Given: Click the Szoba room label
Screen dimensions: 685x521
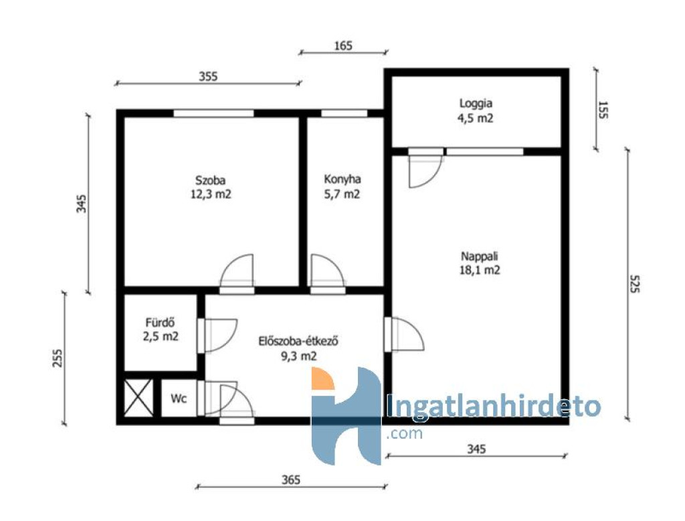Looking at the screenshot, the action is tap(210, 180).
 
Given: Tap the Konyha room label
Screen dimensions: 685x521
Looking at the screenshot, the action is tap(342, 179).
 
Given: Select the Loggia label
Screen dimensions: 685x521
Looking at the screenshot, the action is tap(476, 104).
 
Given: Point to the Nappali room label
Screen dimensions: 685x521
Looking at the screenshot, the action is tap(479, 256).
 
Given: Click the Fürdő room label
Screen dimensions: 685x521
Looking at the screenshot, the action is tap(161, 323).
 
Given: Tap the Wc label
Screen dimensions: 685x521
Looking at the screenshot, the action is tap(179, 398).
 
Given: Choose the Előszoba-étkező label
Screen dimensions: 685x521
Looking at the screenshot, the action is tap(298, 342).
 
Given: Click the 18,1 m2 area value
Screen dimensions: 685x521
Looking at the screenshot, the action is tap(480, 271).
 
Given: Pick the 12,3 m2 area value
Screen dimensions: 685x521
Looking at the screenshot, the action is tap(211, 194).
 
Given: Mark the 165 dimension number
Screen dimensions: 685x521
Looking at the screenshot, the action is tap(343, 46).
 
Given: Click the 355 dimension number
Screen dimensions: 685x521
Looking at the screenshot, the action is tap(208, 76).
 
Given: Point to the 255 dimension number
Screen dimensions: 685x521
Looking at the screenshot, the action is tap(58, 358).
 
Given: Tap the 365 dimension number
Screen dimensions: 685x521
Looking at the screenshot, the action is tap(291, 480).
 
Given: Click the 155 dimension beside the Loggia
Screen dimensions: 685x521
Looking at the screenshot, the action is tap(603, 110).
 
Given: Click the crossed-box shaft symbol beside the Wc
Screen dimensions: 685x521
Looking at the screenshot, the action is tap(138, 398).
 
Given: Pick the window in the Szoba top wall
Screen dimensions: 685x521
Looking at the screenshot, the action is tap(213, 113).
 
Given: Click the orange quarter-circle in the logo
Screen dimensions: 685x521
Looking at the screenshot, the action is tap(322, 379).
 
